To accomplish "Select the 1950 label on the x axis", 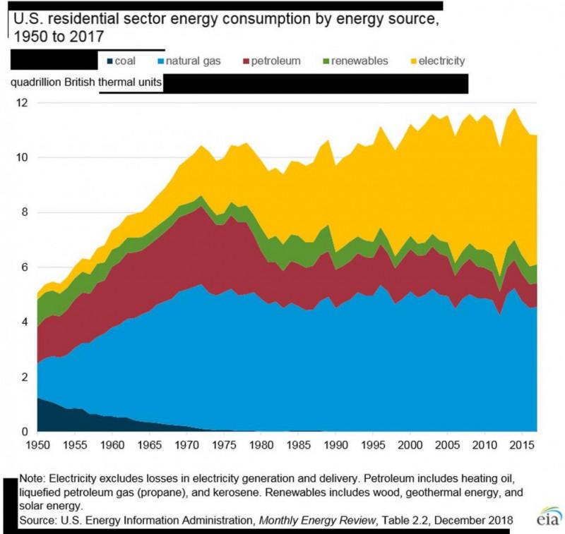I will coord(37,446).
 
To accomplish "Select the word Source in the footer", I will coord(39,521).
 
